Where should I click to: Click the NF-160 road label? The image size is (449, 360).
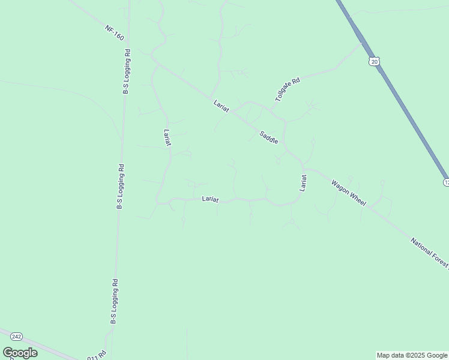coord(114,33)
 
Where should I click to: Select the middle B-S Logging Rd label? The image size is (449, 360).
coord(121,187)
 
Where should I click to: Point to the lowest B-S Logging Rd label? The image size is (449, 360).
coord(113,301)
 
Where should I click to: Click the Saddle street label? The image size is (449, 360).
coord(269,137)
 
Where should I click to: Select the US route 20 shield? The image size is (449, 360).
coord(374,61)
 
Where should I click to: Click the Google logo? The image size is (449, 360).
coord(20,353)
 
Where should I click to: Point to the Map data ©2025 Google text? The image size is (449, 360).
coord(412,355)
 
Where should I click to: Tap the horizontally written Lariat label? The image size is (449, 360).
coord(211,198)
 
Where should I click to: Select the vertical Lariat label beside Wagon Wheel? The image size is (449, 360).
coord(304,182)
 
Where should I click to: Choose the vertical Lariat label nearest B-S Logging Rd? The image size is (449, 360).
coord(167,137)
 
